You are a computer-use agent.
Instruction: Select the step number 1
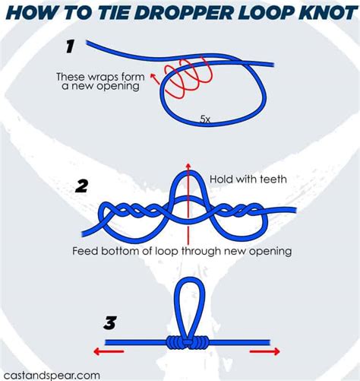(x=70, y=46)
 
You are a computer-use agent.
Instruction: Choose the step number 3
(x=110, y=324)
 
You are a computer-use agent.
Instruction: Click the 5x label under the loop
(x=205, y=119)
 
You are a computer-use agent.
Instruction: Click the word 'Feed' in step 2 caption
(x=85, y=250)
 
